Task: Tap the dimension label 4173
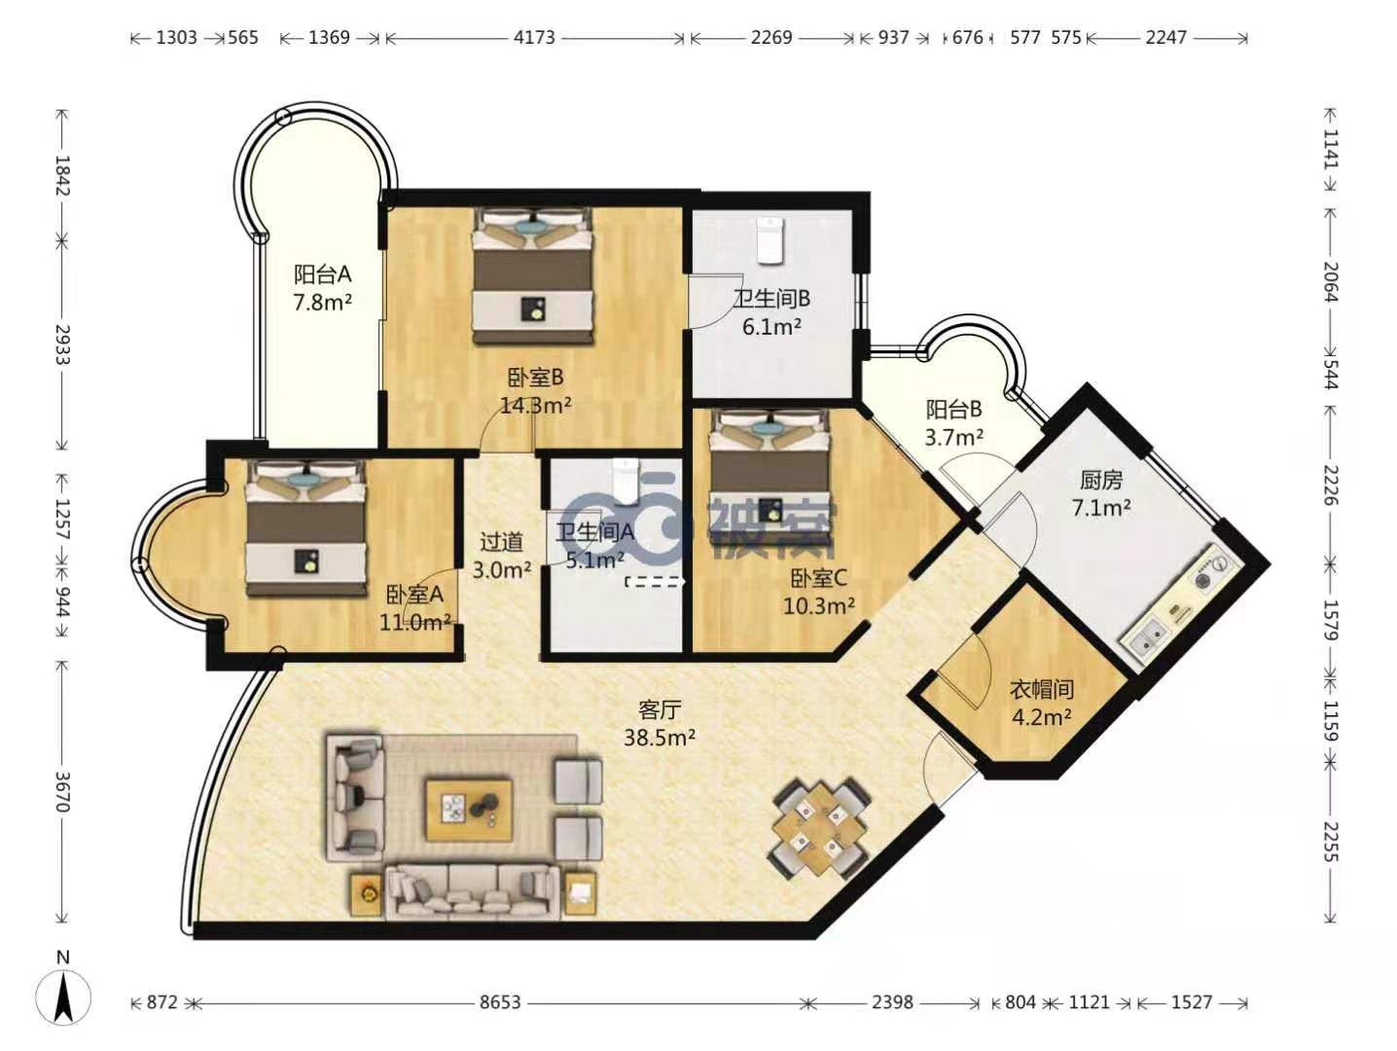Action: click(x=535, y=38)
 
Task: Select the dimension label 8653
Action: click(x=500, y=1002)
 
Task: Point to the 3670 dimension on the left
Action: click(x=61, y=791)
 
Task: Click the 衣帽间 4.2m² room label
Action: click(x=1041, y=703)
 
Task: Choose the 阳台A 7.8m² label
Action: click(x=323, y=288)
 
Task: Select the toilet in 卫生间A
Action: click(x=626, y=481)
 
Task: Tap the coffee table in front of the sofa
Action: click(x=469, y=810)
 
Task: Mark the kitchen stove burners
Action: click(x=1211, y=571)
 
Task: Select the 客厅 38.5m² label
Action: click(x=660, y=722)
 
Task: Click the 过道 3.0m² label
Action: click(x=502, y=555)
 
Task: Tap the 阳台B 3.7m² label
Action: click(x=953, y=423)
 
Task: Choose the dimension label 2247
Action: click(x=1166, y=38)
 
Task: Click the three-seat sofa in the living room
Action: click(x=473, y=890)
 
